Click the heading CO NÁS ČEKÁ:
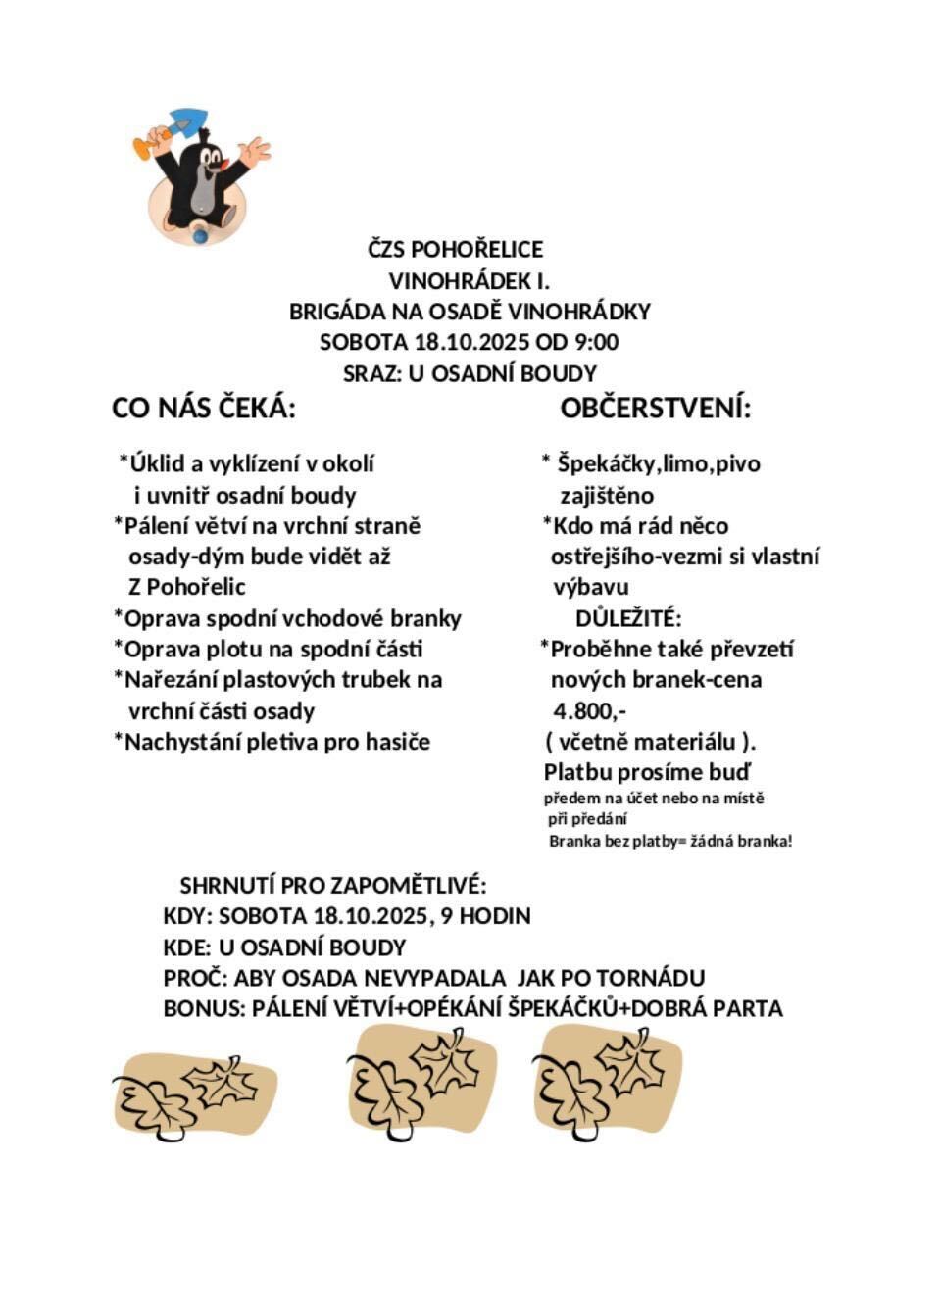tap(204, 408)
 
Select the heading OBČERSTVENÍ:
tap(655, 408)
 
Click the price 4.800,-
tap(589, 710)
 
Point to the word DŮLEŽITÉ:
tap(627, 618)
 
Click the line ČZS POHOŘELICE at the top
tap(455, 249)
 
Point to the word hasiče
tap(397, 742)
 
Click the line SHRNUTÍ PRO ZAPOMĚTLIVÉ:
tap(332, 886)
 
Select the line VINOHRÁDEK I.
tap(469, 280)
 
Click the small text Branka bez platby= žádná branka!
tap(669, 841)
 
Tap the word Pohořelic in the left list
tap(195, 587)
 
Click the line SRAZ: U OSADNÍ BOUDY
tap(470, 373)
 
